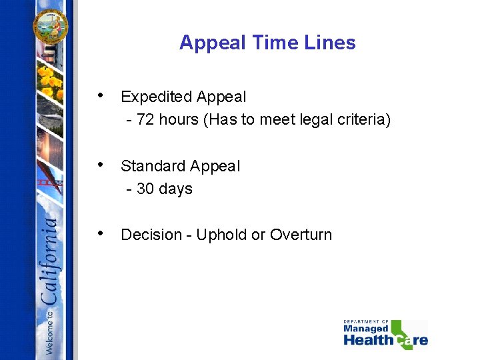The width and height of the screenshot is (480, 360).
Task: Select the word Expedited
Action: click(153, 97)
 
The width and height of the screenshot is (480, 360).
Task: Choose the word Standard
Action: click(151, 166)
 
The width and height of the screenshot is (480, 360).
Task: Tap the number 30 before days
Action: click(145, 189)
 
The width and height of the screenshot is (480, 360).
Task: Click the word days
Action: click(175, 189)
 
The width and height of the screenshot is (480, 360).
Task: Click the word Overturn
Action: click(301, 235)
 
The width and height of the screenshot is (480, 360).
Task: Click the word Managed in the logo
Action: click(365, 329)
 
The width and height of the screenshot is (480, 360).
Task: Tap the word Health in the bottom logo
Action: click(369, 340)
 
